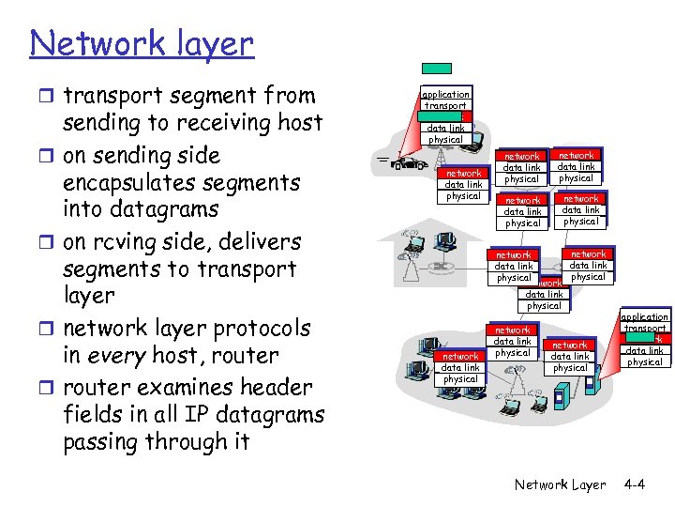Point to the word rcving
tap(135, 241)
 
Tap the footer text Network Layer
tap(560, 484)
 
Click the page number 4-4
tap(634, 484)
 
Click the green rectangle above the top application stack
tap(435, 69)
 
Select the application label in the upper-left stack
tap(444, 95)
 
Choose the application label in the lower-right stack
tap(644, 317)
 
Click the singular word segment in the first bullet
tap(205, 96)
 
